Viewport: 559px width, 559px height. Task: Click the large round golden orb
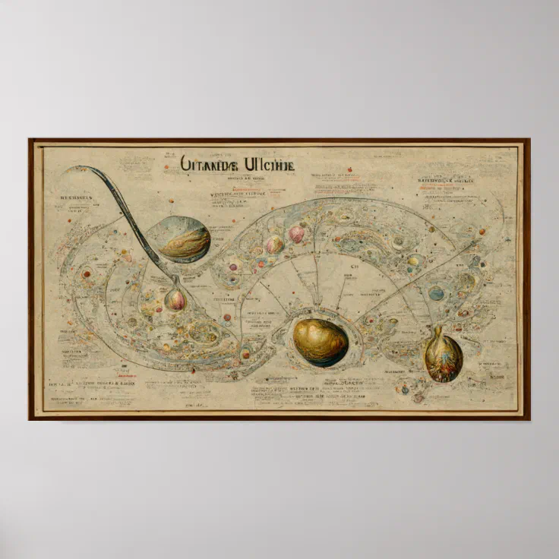[320, 343]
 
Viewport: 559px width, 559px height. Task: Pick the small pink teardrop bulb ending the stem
[175, 298]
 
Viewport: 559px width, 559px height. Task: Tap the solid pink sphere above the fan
[296, 234]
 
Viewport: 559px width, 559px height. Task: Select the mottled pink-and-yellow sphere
[274, 245]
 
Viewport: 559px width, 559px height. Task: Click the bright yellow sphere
[413, 261]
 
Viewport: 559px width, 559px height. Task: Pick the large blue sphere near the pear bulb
[436, 293]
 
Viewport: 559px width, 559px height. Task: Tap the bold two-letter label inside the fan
[353, 267]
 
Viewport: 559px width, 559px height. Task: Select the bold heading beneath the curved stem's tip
[76, 196]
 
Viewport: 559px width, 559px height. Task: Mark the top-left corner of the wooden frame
[30, 140]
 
